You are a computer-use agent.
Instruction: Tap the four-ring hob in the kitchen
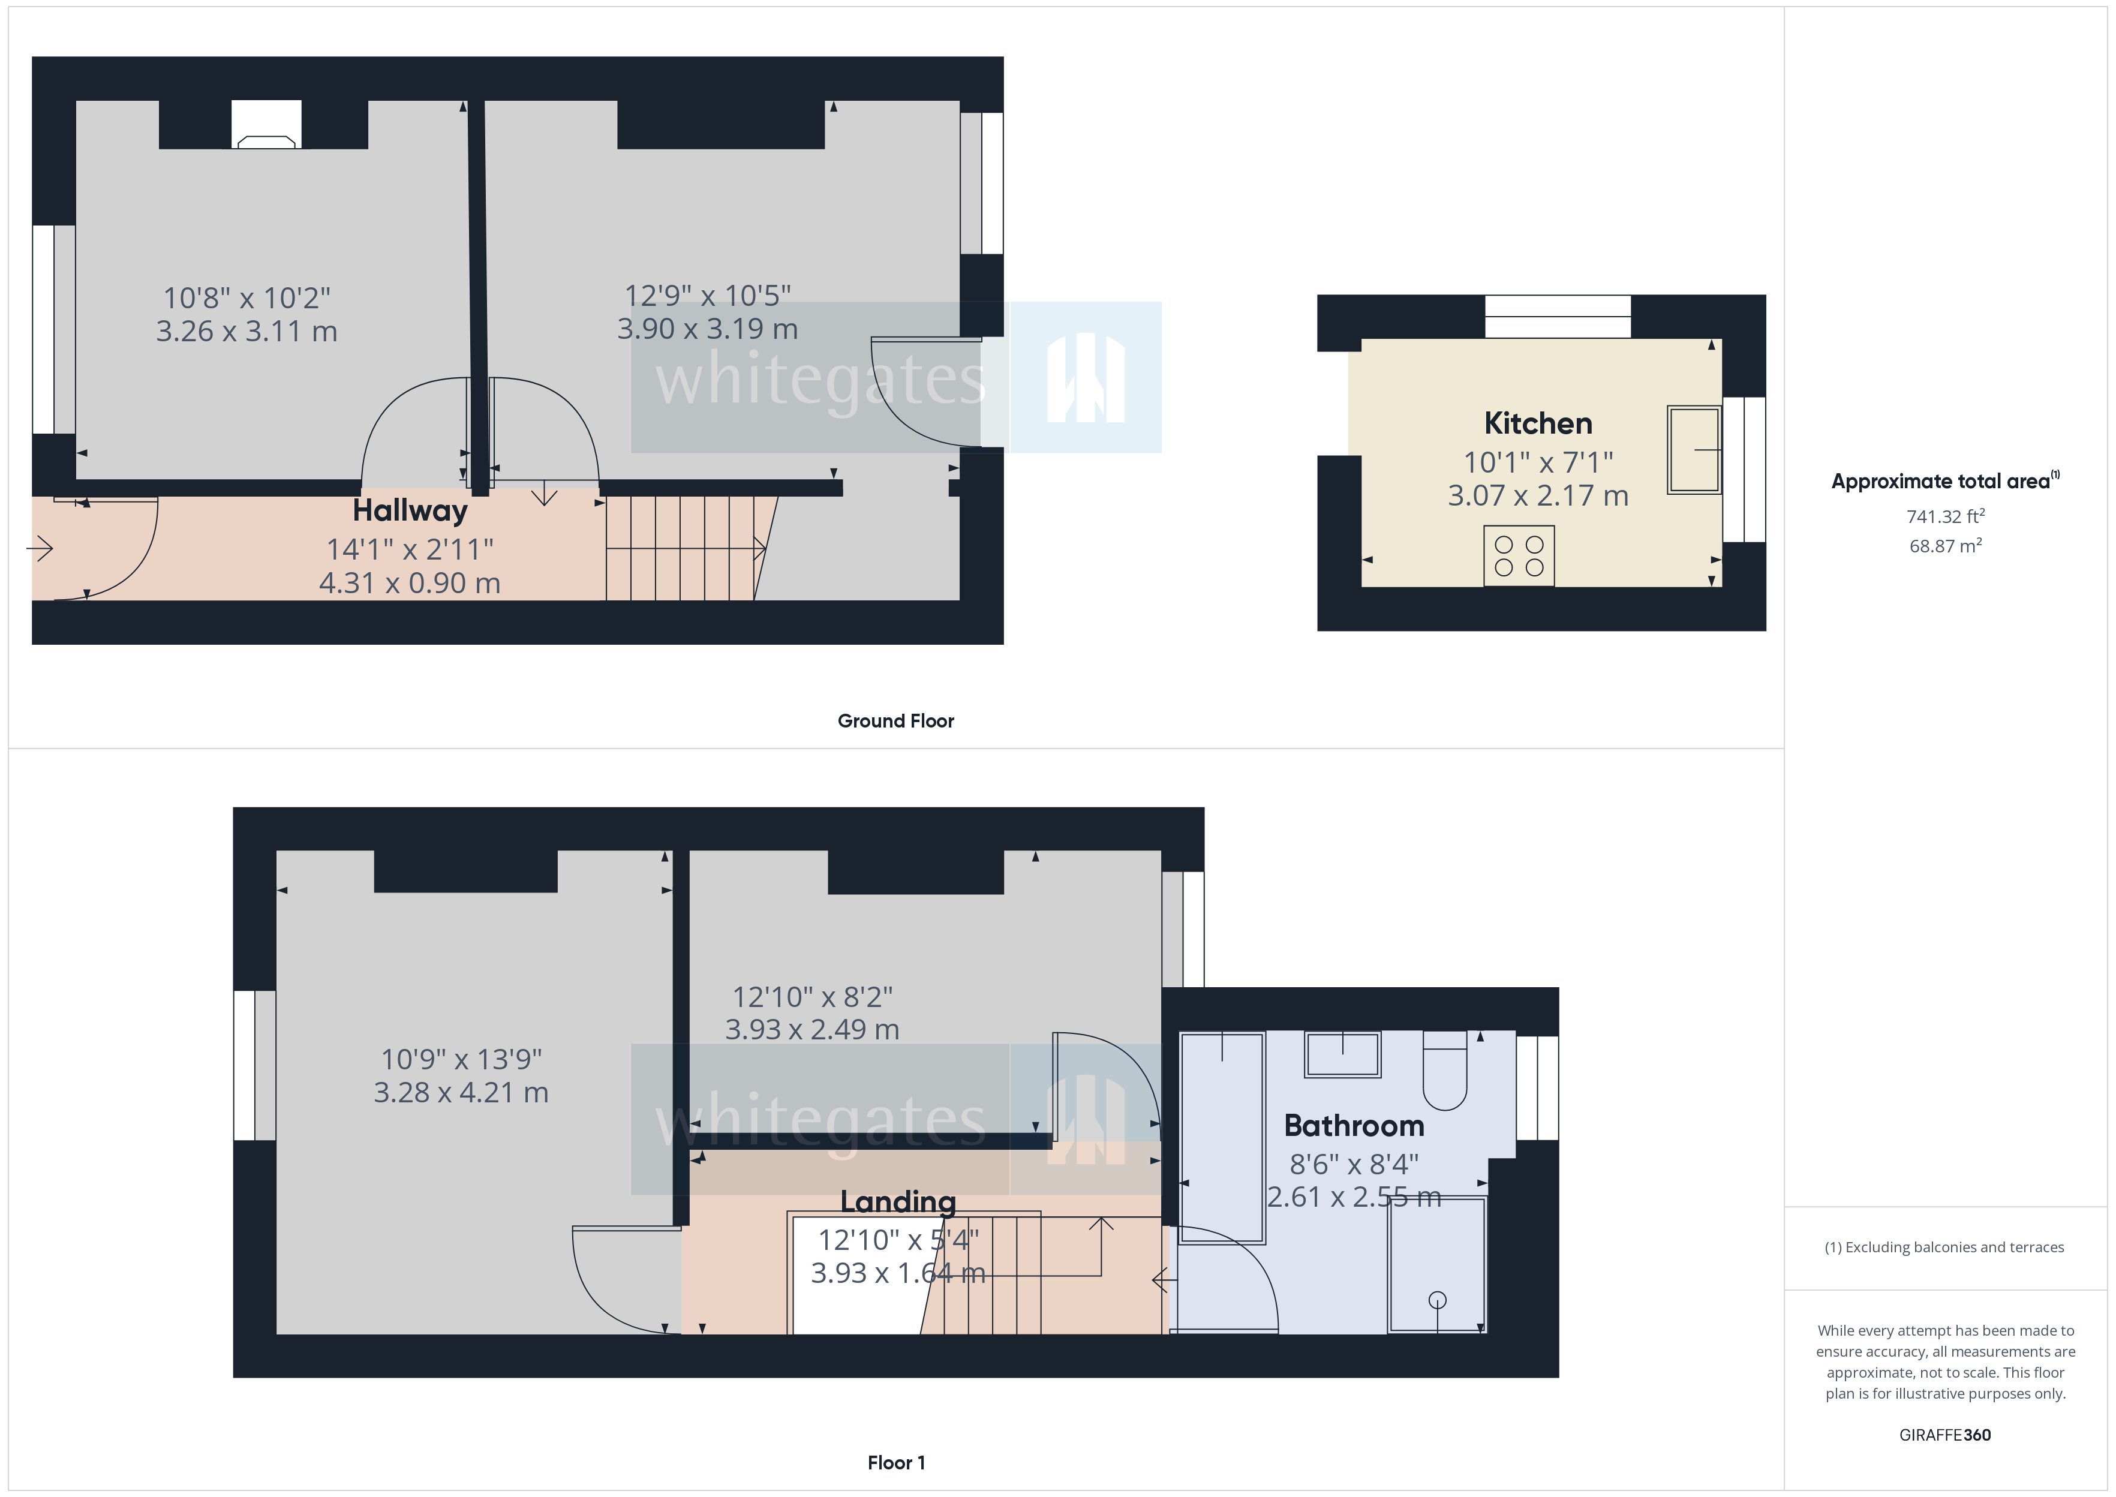click(1518, 556)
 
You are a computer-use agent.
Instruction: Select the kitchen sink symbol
click(1693, 450)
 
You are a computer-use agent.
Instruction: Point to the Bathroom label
click(1353, 1126)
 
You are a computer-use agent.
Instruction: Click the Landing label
click(898, 1202)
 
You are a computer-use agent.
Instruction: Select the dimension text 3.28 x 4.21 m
click(461, 1092)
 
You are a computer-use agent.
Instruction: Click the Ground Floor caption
click(895, 721)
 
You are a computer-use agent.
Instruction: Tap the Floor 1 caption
click(896, 1463)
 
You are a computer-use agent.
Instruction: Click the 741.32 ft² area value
click(1944, 516)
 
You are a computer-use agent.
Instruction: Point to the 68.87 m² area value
click(1944, 546)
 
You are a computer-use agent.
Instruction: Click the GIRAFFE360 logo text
click(1944, 1435)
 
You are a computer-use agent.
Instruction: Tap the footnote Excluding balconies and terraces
click(1944, 1247)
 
